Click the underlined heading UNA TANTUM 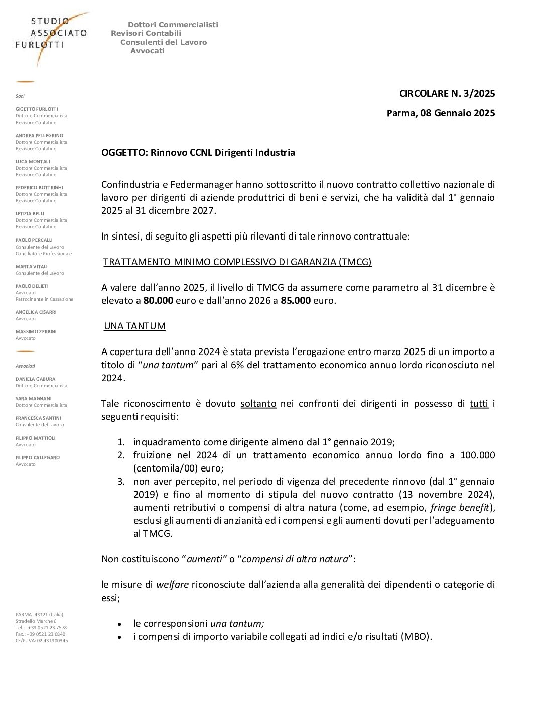tap(134, 326)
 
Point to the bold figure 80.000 tap(158, 300)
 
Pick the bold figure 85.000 tap(295, 300)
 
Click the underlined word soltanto tap(258, 403)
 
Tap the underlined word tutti tap(479, 403)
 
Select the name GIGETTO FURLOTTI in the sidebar tap(37, 109)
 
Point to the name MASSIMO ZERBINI tap(36, 331)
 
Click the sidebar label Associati tap(25, 366)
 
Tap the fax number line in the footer tap(40, 634)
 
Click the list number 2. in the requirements tap(121, 455)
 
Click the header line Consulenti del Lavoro tap(164, 42)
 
